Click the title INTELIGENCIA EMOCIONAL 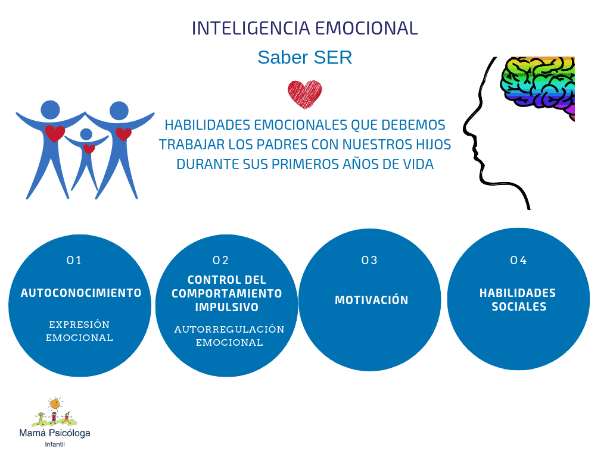pos(304,29)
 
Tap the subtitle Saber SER pos(304,58)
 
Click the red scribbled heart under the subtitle pos(304,94)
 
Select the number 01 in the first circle pos(74,261)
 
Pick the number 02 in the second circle pos(220,261)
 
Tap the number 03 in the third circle pos(369,261)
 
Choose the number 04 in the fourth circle pos(518,261)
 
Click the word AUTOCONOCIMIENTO pos(81,293)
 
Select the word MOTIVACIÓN pos(372,300)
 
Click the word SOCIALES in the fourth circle pos(519,306)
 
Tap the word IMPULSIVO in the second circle pos(227,307)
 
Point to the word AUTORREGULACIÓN pos(229,329)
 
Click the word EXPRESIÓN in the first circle pos(79,324)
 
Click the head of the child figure pos(86,134)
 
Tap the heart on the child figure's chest pos(89,149)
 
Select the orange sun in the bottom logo pos(55,405)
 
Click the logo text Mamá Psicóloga pos(55,433)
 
